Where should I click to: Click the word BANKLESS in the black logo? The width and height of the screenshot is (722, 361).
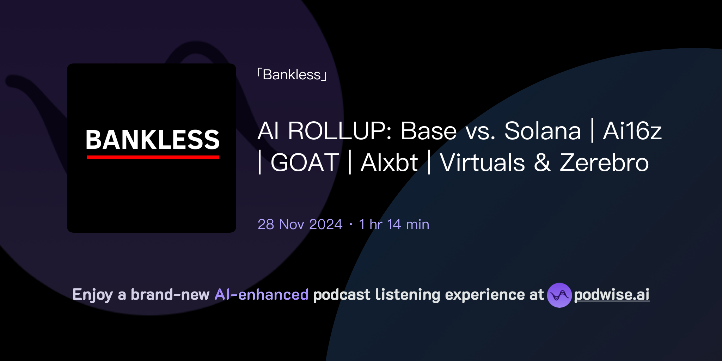[x=152, y=140]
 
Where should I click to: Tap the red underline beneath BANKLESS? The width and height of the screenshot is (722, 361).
[x=152, y=157]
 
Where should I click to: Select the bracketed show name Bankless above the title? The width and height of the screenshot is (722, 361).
[x=292, y=75]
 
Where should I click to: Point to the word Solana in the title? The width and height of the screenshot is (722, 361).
[x=542, y=131]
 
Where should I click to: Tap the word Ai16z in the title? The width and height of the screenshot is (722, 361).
[x=632, y=131]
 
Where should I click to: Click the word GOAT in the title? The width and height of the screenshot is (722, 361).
[x=305, y=163]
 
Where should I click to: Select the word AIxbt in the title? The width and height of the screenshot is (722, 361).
[x=389, y=163]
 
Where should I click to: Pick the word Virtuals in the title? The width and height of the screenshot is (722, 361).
[x=482, y=163]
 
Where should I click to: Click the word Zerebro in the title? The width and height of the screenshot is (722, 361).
[x=604, y=163]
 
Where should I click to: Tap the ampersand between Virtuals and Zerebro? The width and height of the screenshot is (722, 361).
[x=542, y=163]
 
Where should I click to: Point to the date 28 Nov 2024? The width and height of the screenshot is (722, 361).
[x=300, y=225]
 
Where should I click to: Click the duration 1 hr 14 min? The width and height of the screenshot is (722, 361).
[x=394, y=225]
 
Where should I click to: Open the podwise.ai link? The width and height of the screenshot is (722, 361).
[x=611, y=295]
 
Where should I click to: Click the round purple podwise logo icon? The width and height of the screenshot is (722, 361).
[x=559, y=295]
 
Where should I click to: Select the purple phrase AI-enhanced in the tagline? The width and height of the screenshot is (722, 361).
[x=262, y=295]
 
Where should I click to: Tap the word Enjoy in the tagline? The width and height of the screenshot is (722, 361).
[x=92, y=295]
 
